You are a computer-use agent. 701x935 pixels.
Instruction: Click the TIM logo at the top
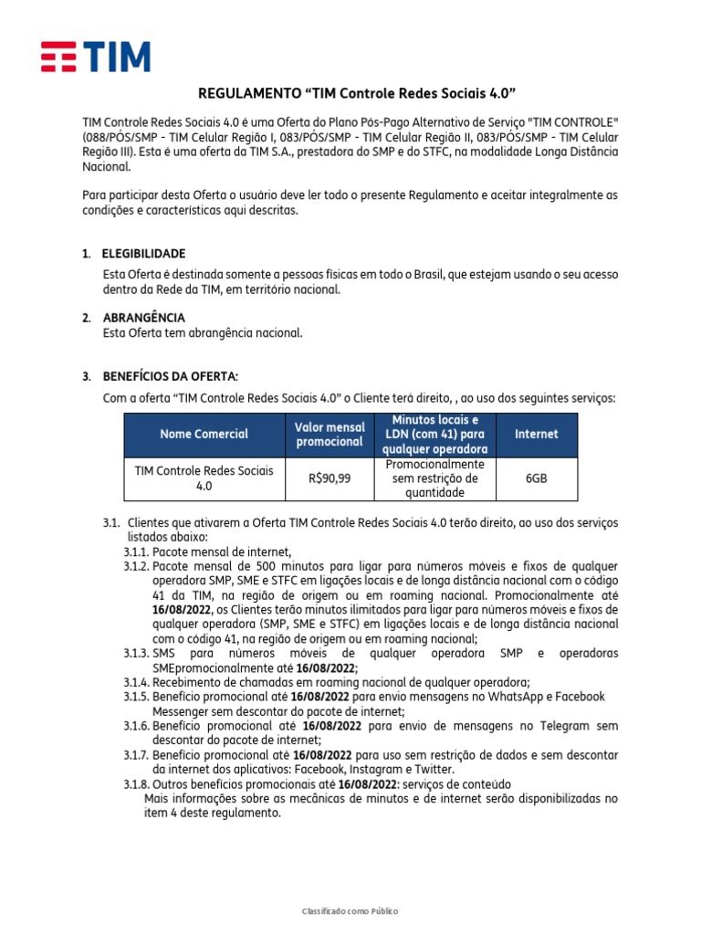point(96,57)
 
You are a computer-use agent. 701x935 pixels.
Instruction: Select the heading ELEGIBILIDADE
point(143,253)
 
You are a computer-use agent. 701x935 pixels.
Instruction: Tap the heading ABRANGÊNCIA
point(143,317)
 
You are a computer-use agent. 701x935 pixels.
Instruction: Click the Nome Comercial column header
point(204,434)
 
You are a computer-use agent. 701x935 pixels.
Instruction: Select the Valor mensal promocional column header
point(330,434)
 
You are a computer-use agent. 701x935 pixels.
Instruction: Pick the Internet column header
point(536,434)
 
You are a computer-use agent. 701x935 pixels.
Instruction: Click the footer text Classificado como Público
point(350,911)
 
